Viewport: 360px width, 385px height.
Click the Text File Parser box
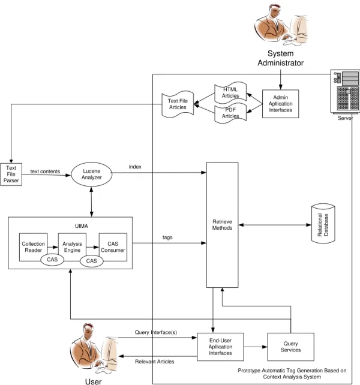point(11,175)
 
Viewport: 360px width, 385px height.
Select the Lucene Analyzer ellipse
point(92,175)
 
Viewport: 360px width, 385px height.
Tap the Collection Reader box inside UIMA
point(33,247)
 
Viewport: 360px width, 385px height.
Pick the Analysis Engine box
point(72,247)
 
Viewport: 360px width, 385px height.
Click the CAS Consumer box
point(113,247)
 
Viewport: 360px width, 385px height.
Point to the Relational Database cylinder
point(323,224)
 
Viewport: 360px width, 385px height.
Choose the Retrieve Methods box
point(222,225)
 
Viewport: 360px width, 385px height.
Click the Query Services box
point(291,347)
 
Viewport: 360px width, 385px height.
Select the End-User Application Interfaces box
point(220,347)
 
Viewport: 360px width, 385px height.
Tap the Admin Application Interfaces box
point(280,104)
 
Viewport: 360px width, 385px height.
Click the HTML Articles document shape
point(230,93)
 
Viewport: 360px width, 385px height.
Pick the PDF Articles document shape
point(230,113)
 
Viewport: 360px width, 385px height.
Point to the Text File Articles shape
point(178,104)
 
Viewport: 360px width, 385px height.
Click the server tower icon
point(345,92)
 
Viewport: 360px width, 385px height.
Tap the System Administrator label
point(280,58)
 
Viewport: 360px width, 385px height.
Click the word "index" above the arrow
point(135,167)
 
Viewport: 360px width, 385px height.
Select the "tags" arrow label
point(167,237)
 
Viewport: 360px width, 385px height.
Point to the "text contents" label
point(45,172)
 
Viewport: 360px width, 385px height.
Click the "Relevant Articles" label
point(155,362)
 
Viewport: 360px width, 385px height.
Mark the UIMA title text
point(82,226)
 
